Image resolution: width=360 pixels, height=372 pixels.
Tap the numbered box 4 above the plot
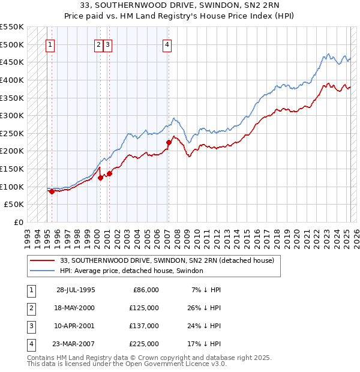(x=167, y=44)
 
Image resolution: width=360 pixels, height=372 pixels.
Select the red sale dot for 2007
(x=169, y=142)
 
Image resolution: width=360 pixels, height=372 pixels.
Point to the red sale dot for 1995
(x=52, y=191)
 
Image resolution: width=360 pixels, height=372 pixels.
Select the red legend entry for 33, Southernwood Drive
(x=167, y=260)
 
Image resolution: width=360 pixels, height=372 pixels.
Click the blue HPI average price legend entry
(x=131, y=271)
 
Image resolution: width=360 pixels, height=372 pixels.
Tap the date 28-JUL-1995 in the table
(x=76, y=290)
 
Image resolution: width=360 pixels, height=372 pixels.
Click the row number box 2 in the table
(x=30, y=308)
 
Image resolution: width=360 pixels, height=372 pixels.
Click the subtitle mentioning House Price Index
(x=180, y=16)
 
